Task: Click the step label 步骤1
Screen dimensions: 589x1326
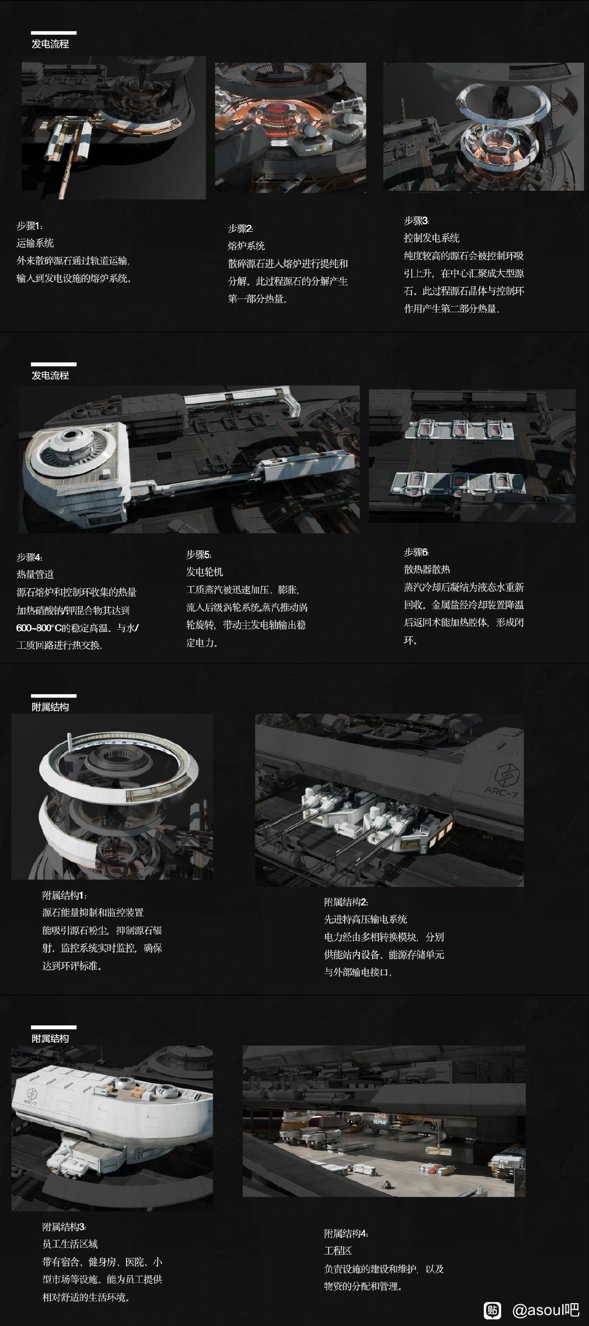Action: [x=29, y=226]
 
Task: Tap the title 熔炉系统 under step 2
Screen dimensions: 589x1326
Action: [x=246, y=246]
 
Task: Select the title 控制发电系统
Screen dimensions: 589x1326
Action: [x=431, y=238]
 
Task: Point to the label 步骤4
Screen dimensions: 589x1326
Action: [x=29, y=557]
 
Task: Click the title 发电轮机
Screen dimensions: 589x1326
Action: [x=205, y=572]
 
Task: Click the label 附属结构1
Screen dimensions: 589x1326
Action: [x=64, y=895]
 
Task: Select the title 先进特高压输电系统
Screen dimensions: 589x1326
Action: [x=365, y=919]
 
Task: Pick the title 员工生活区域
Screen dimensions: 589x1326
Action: [x=70, y=1244]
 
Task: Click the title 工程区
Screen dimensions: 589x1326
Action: [x=338, y=1251]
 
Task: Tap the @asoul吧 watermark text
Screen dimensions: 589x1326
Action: [x=545, y=1310]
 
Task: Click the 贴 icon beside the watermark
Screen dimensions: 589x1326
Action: [x=492, y=1310]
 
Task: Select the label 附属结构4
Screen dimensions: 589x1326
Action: [x=346, y=1233]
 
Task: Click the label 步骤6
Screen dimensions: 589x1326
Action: [x=416, y=552]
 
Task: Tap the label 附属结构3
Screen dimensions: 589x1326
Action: [x=64, y=1227]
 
